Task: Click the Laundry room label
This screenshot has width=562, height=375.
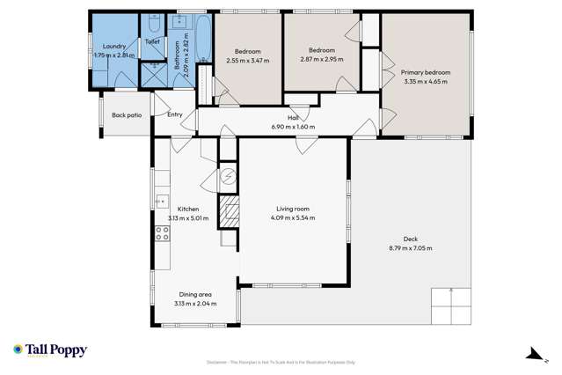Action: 114,46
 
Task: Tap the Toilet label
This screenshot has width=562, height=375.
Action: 152,40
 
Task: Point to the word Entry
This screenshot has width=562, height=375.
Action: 175,114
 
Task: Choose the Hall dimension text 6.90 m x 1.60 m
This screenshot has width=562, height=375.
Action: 293,127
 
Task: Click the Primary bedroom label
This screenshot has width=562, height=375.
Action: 425,72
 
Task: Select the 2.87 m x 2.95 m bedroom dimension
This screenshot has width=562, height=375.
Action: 321,59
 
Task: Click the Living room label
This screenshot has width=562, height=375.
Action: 293,209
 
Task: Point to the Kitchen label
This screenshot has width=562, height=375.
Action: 188,209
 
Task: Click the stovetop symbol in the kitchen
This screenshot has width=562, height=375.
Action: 162,233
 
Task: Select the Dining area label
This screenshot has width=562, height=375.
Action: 194,295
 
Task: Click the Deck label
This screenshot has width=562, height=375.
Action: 411,239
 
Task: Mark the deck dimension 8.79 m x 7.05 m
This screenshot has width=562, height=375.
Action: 411,248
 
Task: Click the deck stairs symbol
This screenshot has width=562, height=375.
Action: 451,307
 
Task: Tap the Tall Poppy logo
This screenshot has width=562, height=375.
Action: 50,350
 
